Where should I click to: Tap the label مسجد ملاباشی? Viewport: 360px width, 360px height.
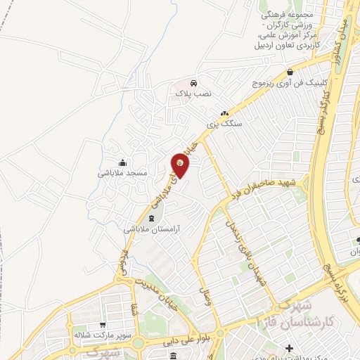[x=122, y=172]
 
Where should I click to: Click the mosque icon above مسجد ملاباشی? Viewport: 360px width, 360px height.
[x=122, y=162]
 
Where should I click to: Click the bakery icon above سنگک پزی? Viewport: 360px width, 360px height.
[x=225, y=112]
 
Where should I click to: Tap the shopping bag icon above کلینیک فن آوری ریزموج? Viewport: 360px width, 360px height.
[x=290, y=72]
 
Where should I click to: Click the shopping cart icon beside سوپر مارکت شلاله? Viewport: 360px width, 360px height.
[x=103, y=325]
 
